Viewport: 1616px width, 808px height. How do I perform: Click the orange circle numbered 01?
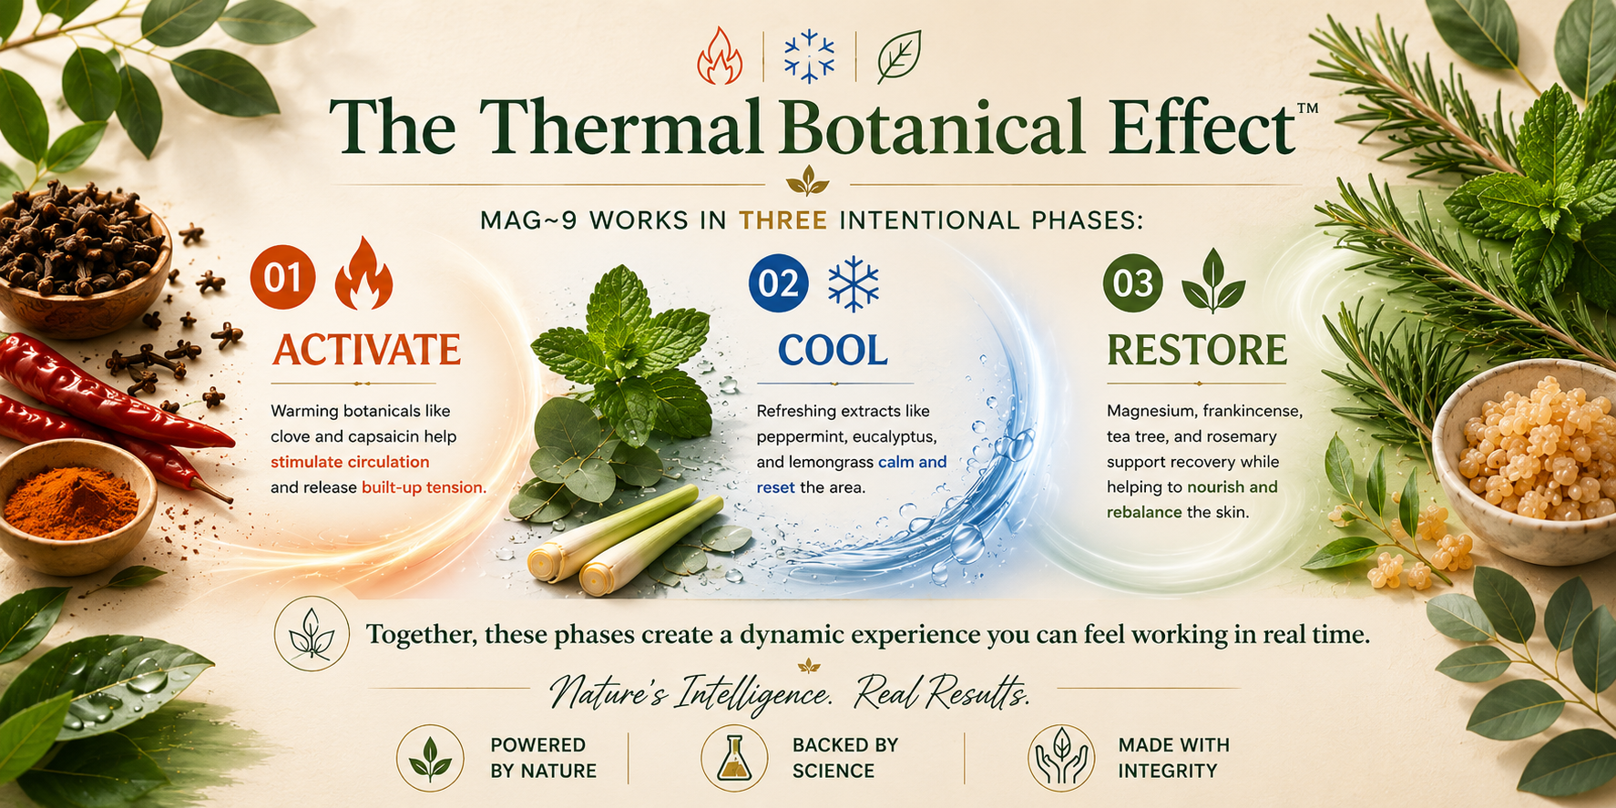[283, 277]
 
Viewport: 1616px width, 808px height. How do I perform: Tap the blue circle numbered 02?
[779, 282]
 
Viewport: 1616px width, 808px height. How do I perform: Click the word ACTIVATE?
[367, 350]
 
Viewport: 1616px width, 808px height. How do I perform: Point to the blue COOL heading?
[833, 351]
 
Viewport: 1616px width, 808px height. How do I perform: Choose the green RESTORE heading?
[1197, 350]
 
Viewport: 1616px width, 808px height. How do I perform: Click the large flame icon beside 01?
[363, 273]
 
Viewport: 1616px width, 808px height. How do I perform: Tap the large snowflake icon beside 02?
[854, 282]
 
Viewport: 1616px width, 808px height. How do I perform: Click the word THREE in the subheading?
[782, 220]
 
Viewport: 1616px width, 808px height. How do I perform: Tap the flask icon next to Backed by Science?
[734, 758]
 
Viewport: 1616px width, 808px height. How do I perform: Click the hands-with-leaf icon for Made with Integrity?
[1061, 758]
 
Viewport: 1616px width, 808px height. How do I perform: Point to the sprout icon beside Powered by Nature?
[430, 758]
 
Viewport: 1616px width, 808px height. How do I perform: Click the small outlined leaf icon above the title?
[899, 56]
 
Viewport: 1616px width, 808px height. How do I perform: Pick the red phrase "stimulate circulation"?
[350, 462]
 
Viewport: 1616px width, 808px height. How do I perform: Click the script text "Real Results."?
[942, 694]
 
